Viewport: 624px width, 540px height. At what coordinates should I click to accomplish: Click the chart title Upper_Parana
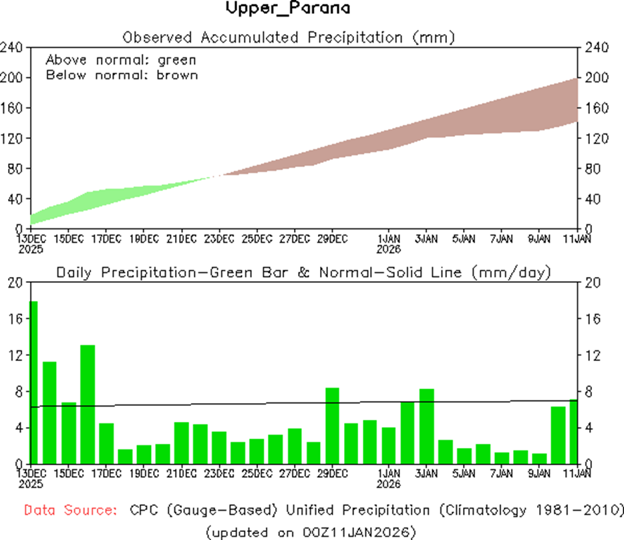pyautogui.click(x=288, y=9)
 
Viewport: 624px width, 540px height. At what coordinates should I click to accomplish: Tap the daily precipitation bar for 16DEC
pyautogui.click(x=88, y=404)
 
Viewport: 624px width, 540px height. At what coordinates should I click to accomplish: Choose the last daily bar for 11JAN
pyautogui.click(x=574, y=431)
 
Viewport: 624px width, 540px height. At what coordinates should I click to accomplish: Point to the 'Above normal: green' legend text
pyautogui.click(x=121, y=60)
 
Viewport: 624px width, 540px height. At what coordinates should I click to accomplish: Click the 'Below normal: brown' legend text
pyautogui.click(x=122, y=75)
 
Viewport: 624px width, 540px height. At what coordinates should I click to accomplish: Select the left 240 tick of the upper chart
pyautogui.click(x=13, y=47)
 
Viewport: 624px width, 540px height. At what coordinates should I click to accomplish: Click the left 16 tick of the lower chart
pyautogui.click(x=16, y=319)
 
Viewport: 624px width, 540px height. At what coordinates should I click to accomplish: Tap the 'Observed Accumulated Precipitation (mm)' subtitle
pyautogui.click(x=289, y=37)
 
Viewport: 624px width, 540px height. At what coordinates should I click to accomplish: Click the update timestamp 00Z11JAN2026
pyautogui.click(x=357, y=532)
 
